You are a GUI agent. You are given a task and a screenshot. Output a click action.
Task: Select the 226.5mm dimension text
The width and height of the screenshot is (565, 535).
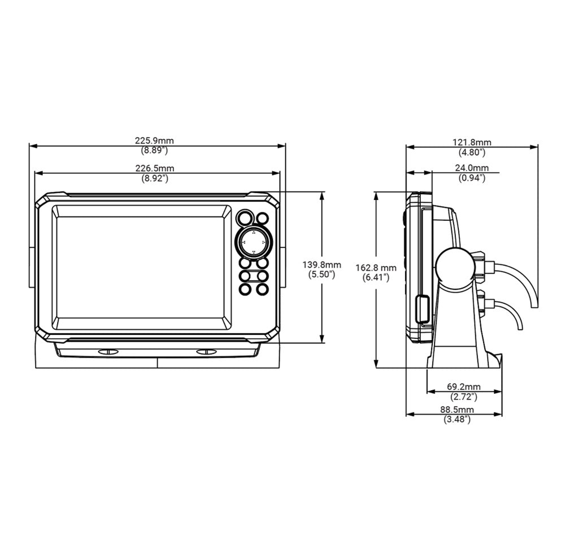click(x=154, y=168)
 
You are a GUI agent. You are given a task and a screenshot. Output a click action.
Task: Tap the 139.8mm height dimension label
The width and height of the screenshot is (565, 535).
click(x=321, y=265)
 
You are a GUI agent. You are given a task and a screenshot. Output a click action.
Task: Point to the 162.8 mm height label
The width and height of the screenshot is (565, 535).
click(x=376, y=268)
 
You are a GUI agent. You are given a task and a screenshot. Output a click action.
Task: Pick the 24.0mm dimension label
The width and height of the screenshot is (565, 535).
click(x=472, y=168)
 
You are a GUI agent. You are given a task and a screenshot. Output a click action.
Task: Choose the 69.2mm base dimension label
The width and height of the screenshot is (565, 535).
click(x=463, y=387)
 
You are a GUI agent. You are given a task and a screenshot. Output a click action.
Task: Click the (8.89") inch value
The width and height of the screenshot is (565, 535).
click(x=154, y=151)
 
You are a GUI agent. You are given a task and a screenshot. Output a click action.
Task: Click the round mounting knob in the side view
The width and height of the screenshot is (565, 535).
click(x=454, y=267)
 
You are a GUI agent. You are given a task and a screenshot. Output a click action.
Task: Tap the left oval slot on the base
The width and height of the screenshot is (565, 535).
click(x=108, y=351)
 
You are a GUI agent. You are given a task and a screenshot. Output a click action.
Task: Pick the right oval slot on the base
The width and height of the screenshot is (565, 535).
click(x=206, y=351)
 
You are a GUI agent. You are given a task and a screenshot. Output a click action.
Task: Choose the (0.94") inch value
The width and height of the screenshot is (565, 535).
click(x=472, y=178)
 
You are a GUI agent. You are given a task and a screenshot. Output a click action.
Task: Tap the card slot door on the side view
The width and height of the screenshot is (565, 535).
click(x=422, y=308)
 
